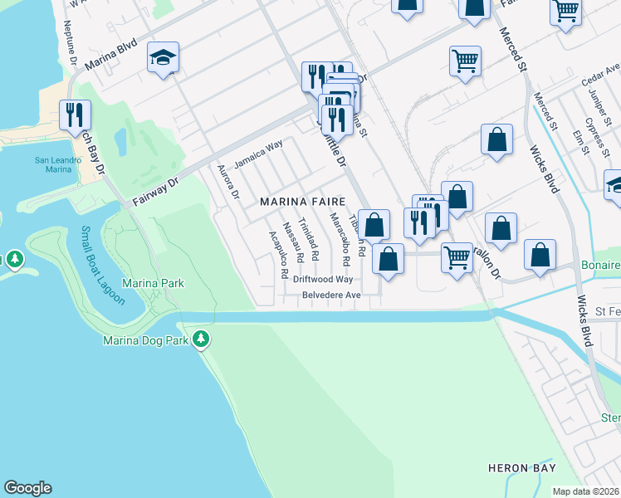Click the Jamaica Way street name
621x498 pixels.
257,154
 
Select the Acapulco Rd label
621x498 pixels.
278,254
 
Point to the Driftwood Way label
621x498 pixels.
323,280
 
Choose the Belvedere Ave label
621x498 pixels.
331,295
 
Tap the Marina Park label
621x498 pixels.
153,284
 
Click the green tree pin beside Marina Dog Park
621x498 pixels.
200,339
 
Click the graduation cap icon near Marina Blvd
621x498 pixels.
163,57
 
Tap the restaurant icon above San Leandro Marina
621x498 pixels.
75,115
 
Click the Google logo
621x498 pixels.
27,488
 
